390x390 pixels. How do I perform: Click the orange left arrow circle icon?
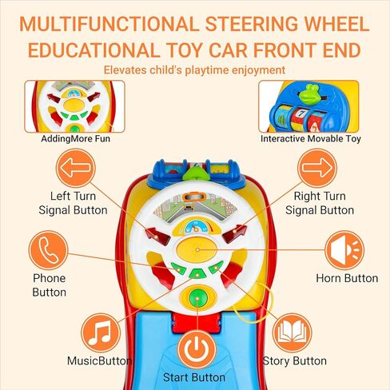tap(75, 168)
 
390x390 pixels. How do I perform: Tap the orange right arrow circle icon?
tap(317, 168)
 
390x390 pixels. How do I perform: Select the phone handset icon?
tap(48, 250)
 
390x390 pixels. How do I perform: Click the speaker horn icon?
tap(344, 250)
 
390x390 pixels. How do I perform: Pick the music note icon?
tap(101, 332)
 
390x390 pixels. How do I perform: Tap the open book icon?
tap(292, 332)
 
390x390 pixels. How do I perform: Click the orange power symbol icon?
tap(197, 349)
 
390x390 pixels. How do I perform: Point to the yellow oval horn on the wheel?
tap(197, 249)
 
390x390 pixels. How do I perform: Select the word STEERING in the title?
tap(252, 24)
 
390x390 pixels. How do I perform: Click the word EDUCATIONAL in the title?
tap(93, 50)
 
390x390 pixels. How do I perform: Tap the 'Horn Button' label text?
tap(347, 278)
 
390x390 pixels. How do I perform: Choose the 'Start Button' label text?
tap(194, 377)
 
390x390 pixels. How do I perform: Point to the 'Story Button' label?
tap(294, 361)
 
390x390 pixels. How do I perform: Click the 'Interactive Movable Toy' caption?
tap(310, 138)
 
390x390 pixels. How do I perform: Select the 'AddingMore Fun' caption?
tap(75, 138)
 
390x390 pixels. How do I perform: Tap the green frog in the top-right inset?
tap(309, 94)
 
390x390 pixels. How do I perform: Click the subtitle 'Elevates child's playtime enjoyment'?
tap(194, 70)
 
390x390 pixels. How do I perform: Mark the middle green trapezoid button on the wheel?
tap(197, 273)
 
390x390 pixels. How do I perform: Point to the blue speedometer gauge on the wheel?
tap(196, 227)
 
